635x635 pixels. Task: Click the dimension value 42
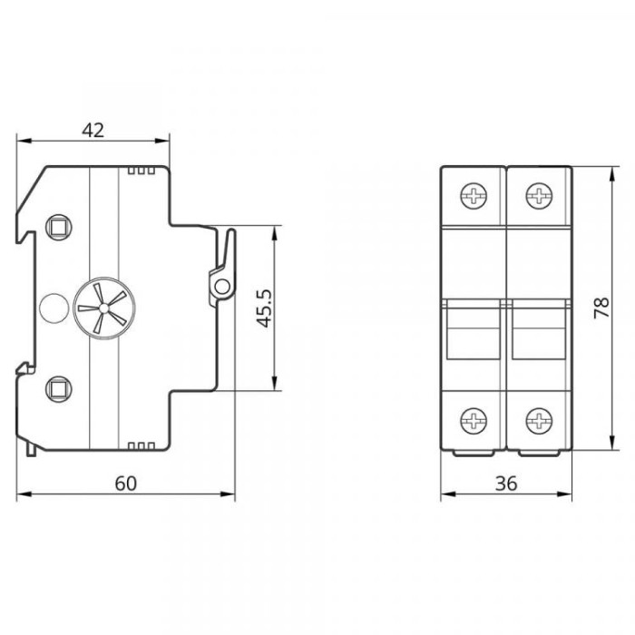click(x=93, y=131)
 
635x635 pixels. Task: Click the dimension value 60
click(x=126, y=484)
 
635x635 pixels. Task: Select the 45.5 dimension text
click(x=265, y=308)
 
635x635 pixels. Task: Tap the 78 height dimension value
click(x=601, y=308)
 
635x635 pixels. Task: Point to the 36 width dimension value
click(x=506, y=484)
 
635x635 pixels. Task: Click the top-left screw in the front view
click(x=474, y=197)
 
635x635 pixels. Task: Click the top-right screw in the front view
click(x=539, y=197)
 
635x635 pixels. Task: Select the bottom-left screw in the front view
click(x=474, y=421)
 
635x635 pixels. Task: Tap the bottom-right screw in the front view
click(x=539, y=421)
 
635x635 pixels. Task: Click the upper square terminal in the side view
click(x=59, y=227)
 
